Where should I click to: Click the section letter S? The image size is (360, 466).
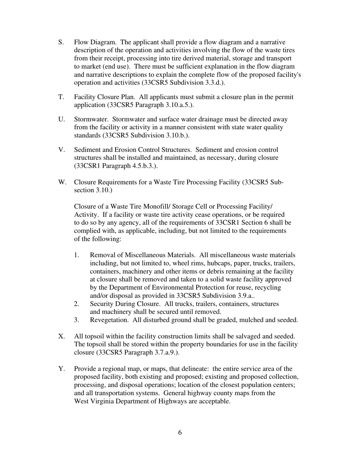(61, 42)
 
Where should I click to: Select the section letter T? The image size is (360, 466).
(61, 97)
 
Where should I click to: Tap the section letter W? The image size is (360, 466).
(62, 182)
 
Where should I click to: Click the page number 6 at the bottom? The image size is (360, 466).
(180, 433)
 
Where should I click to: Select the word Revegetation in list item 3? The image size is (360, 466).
(109, 320)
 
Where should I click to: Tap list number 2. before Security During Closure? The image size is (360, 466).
(77, 304)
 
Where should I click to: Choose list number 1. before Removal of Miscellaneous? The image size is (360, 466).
(77, 255)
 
